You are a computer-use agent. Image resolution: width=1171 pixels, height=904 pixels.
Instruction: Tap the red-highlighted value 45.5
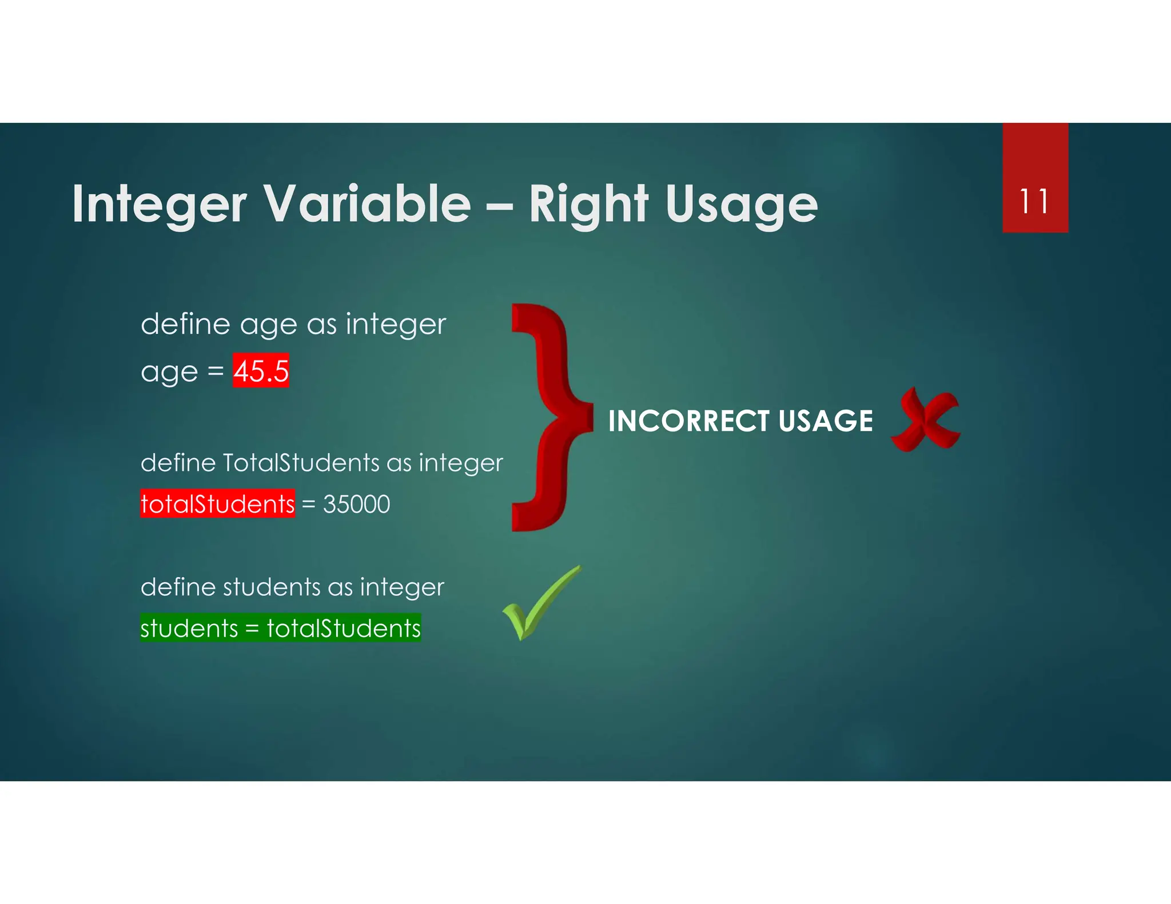[x=261, y=371]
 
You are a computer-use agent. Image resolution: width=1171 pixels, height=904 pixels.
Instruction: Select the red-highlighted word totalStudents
[x=217, y=504]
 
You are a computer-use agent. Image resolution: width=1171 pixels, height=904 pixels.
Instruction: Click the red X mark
[x=925, y=420]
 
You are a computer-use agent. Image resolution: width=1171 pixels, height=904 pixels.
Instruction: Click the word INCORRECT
[x=688, y=421]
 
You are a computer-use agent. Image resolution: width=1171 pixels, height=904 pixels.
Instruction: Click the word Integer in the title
[x=159, y=205]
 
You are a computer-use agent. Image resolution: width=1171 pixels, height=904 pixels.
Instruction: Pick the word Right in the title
[x=588, y=205]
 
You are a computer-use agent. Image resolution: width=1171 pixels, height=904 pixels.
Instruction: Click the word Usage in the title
[x=742, y=205]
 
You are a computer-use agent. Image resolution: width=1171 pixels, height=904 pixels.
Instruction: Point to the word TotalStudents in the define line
[x=301, y=463]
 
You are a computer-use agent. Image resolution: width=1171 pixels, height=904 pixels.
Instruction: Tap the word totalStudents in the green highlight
[x=344, y=629]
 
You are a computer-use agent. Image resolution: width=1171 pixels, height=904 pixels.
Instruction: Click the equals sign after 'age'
[x=216, y=371]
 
